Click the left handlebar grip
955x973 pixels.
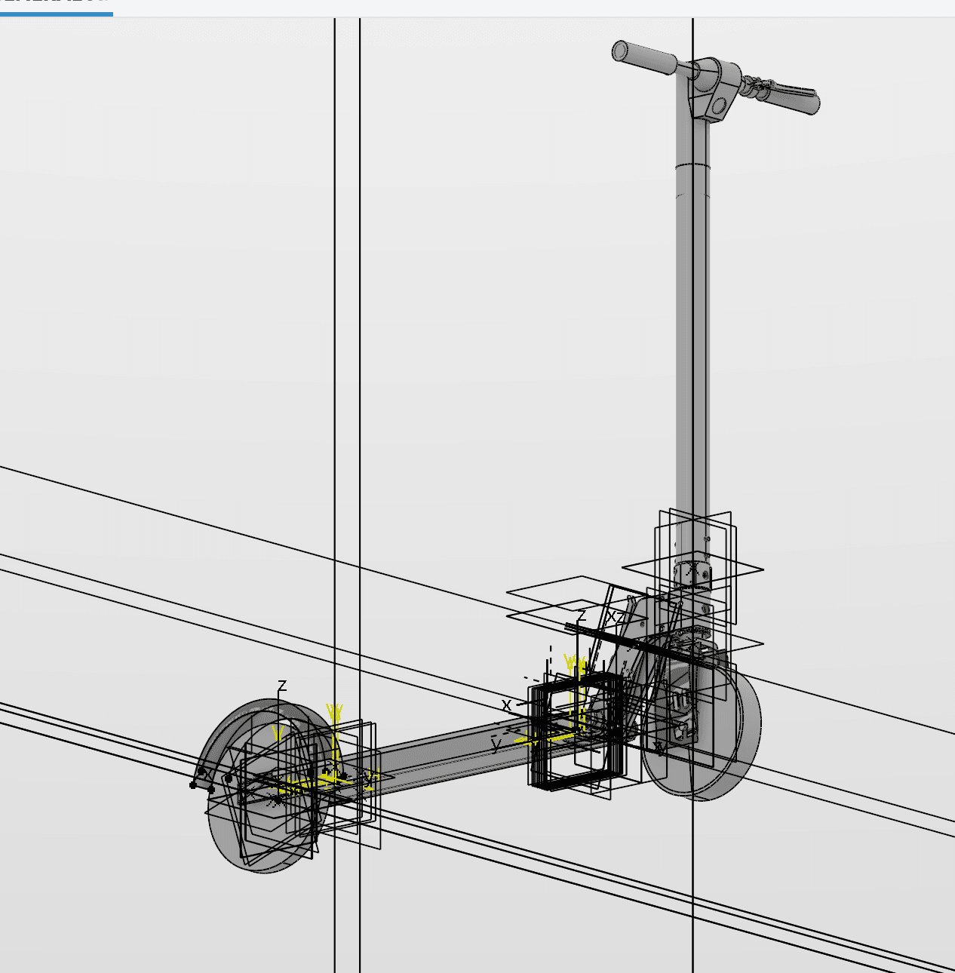645,58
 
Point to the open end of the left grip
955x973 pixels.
619,51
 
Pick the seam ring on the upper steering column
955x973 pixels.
692,165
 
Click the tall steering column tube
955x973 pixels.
692,339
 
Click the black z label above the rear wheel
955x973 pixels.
282,686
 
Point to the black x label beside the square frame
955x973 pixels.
507,705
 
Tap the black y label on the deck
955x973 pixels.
496,746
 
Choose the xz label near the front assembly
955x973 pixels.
616,617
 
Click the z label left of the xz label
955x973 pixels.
582,615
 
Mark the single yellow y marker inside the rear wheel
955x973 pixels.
278,733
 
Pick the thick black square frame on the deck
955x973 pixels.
577,732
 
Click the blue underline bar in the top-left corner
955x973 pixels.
56,13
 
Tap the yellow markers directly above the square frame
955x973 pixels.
576,665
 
